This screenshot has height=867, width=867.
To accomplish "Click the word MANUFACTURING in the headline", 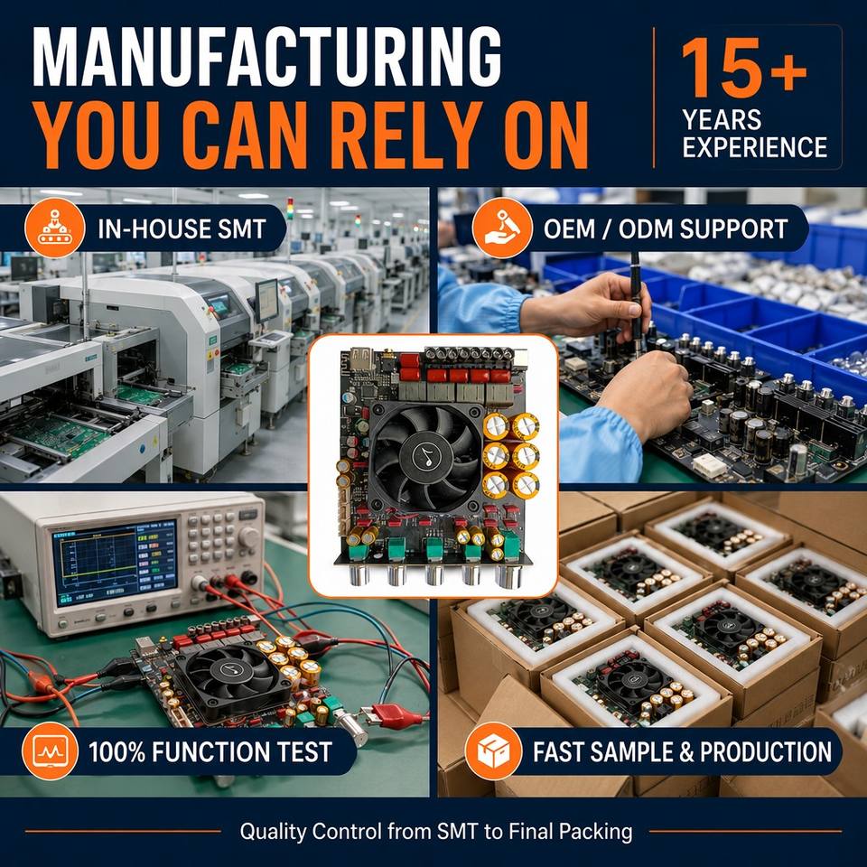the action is (x=267, y=56).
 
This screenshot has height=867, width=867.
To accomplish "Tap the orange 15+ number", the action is (x=743, y=68).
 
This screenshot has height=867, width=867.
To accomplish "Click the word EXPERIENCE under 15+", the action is (x=755, y=147).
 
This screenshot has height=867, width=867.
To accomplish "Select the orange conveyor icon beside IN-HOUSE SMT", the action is (x=55, y=228).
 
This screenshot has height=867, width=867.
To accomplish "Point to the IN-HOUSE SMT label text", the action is (x=182, y=228).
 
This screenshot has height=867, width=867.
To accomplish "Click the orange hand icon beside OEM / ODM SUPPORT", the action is (x=502, y=228).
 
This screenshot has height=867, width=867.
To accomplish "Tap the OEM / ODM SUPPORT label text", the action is (x=666, y=228).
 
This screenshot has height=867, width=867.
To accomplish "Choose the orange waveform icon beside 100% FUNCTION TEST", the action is (x=50, y=751).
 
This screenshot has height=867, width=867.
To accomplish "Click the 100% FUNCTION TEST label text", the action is (x=210, y=752).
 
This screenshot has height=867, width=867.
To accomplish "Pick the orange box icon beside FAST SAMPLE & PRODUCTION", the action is (x=493, y=751).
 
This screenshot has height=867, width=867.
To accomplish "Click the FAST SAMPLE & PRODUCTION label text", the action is (x=682, y=752).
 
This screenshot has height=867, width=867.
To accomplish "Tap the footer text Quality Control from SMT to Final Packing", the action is (x=436, y=831).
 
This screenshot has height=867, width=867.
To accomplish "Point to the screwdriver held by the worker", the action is (x=636, y=302).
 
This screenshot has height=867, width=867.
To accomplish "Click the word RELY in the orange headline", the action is (x=405, y=136).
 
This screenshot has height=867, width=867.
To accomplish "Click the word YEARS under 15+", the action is (x=722, y=120).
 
